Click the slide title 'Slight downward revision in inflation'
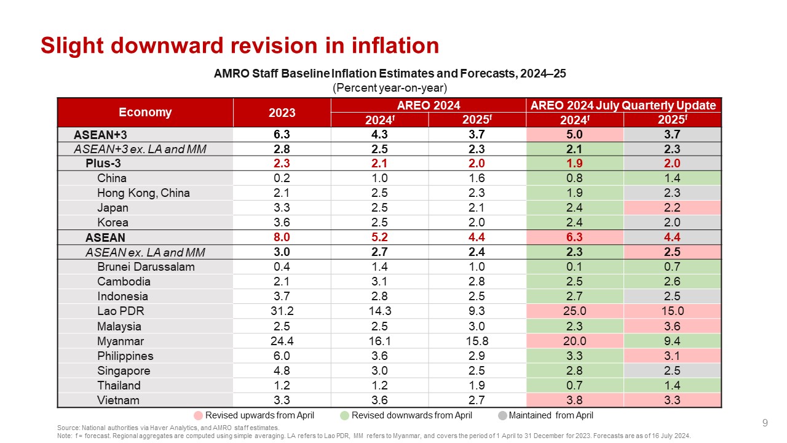click(x=240, y=46)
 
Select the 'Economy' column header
click(x=145, y=113)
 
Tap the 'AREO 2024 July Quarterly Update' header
click(x=623, y=105)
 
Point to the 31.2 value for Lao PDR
click(x=282, y=311)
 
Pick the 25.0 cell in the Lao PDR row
click(x=574, y=311)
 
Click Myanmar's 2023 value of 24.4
click(x=282, y=341)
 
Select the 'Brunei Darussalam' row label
click(x=146, y=267)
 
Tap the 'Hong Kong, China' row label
click(x=143, y=193)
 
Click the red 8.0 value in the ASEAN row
click(x=282, y=237)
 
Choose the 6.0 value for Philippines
click(x=282, y=356)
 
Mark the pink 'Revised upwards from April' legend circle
click(x=198, y=415)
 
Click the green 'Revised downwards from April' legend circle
click(x=344, y=415)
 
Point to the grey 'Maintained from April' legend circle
click(x=502, y=415)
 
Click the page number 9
click(x=765, y=423)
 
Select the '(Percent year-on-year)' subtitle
click(x=390, y=87)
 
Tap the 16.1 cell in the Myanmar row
click(x=379, y=341)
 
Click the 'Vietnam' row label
click(x=118, y=400)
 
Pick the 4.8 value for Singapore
click(x=282, y=370)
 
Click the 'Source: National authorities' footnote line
click(x=168, y=428)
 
